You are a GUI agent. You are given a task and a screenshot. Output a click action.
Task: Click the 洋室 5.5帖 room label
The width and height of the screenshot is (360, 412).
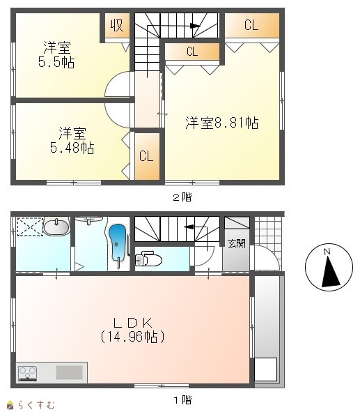[x=56, y=54]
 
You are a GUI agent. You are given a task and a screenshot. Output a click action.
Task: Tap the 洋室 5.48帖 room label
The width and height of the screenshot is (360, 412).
[x=72, y=140]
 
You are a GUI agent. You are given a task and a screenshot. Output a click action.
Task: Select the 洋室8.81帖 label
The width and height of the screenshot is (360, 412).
[x=222, y=123]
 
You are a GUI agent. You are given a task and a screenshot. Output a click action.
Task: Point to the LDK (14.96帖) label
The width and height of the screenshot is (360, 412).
[x=133, y=330]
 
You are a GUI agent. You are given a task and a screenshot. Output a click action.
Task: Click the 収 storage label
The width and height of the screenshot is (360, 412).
[x=117, y=26]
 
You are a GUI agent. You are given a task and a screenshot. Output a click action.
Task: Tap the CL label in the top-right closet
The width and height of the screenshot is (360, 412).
[x=251, y=25]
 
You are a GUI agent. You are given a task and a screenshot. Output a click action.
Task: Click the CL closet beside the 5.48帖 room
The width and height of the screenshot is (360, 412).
[x=146, y=156]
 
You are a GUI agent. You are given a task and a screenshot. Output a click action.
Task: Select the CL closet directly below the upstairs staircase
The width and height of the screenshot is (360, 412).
[x=192, y=51]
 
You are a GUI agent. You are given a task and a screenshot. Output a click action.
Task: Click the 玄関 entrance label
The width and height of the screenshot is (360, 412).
[x=237, y=243]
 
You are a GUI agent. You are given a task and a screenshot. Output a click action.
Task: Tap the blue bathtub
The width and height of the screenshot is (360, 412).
[x=118, y=243]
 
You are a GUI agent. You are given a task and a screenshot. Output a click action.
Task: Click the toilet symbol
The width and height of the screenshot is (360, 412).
[x=148, y=259]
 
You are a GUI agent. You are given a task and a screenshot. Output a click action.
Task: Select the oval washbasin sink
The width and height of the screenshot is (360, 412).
[x=56, y=227]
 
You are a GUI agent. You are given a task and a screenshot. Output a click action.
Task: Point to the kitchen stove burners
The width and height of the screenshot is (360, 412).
[x=27, y=373]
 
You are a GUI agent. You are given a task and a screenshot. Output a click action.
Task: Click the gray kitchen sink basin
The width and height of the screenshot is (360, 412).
[x=70, y=372]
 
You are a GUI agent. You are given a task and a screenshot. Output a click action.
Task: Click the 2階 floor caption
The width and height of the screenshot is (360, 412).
[x=182, y=197]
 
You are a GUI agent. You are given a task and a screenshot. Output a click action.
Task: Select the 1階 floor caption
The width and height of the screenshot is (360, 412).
[x=182, y=400]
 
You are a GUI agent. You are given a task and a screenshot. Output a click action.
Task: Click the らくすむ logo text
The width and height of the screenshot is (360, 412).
[x=36, y=404]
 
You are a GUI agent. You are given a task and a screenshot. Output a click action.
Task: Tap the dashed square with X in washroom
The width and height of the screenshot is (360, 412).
[x=30, y=227]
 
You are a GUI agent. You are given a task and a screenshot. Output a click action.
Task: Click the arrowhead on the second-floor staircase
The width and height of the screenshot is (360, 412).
[x=195, y=26]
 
